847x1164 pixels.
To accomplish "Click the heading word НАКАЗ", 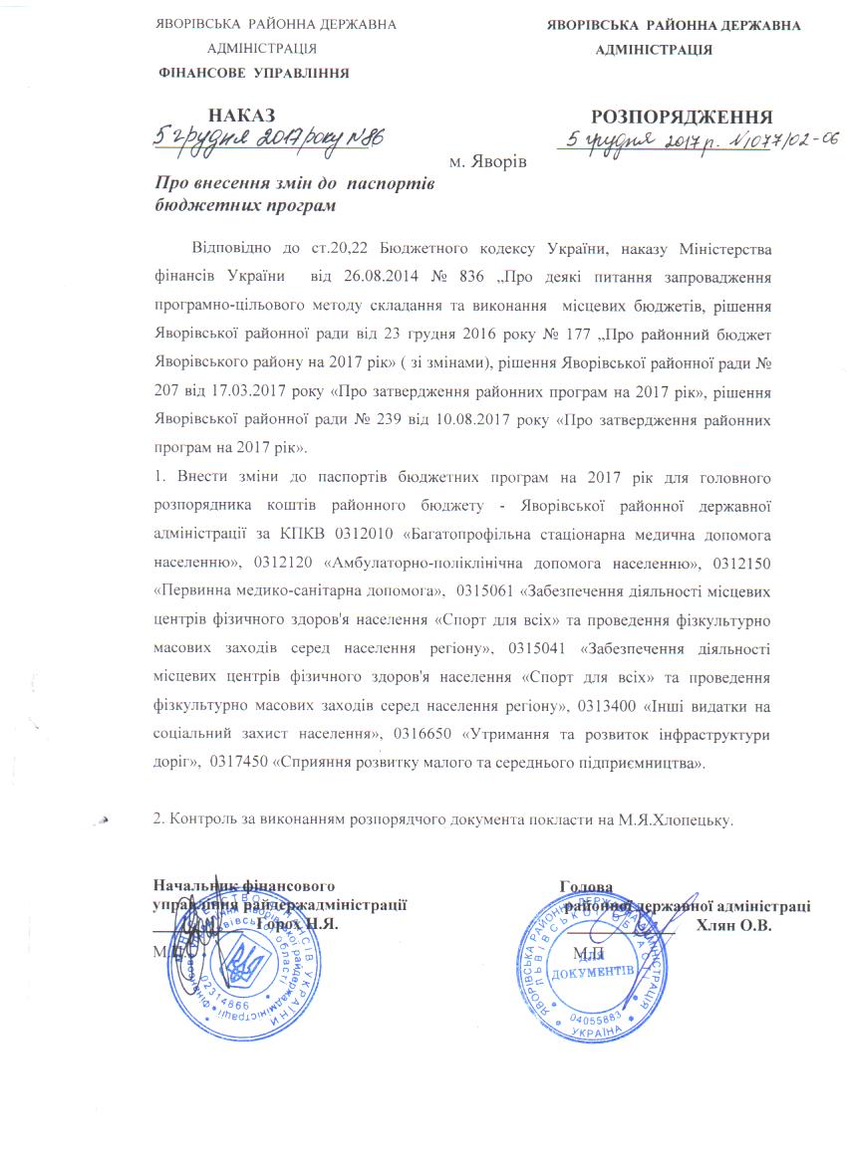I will (x=241, y=116).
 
